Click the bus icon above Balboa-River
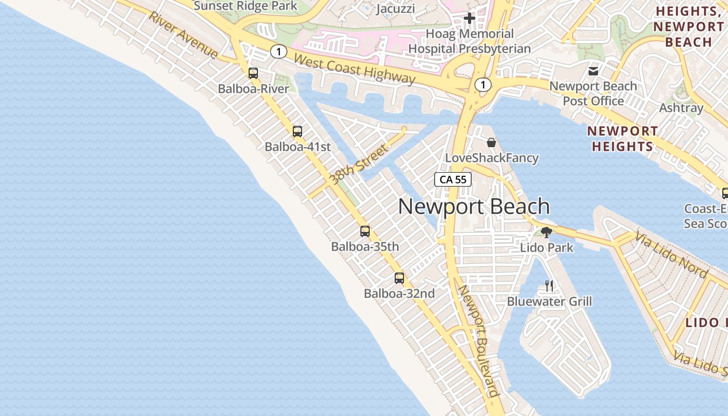(x=253, y=73)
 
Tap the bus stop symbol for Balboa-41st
(x=297, y=132)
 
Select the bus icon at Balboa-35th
(x=365, y=231)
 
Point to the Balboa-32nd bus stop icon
(x=399, y=278)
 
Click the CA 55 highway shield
(x=453, y=179)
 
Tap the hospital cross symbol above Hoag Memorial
(x=470, y=19)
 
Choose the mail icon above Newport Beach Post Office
(x=593, y=71)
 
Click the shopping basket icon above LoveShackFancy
(x=491, y=142)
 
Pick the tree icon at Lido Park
(x=546, y=232)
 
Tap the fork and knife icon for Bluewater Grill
(x=549, y=285)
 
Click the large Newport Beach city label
(x=474, y=206)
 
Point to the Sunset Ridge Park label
(x=245, y=6)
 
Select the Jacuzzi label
(x=395, y=9)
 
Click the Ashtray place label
(x=681, y=108)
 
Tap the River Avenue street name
(x=183, y=35)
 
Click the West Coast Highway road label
(x=355, y=68)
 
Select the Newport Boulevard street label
(x=478, y=340)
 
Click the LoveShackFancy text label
(x=492, y=158)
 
